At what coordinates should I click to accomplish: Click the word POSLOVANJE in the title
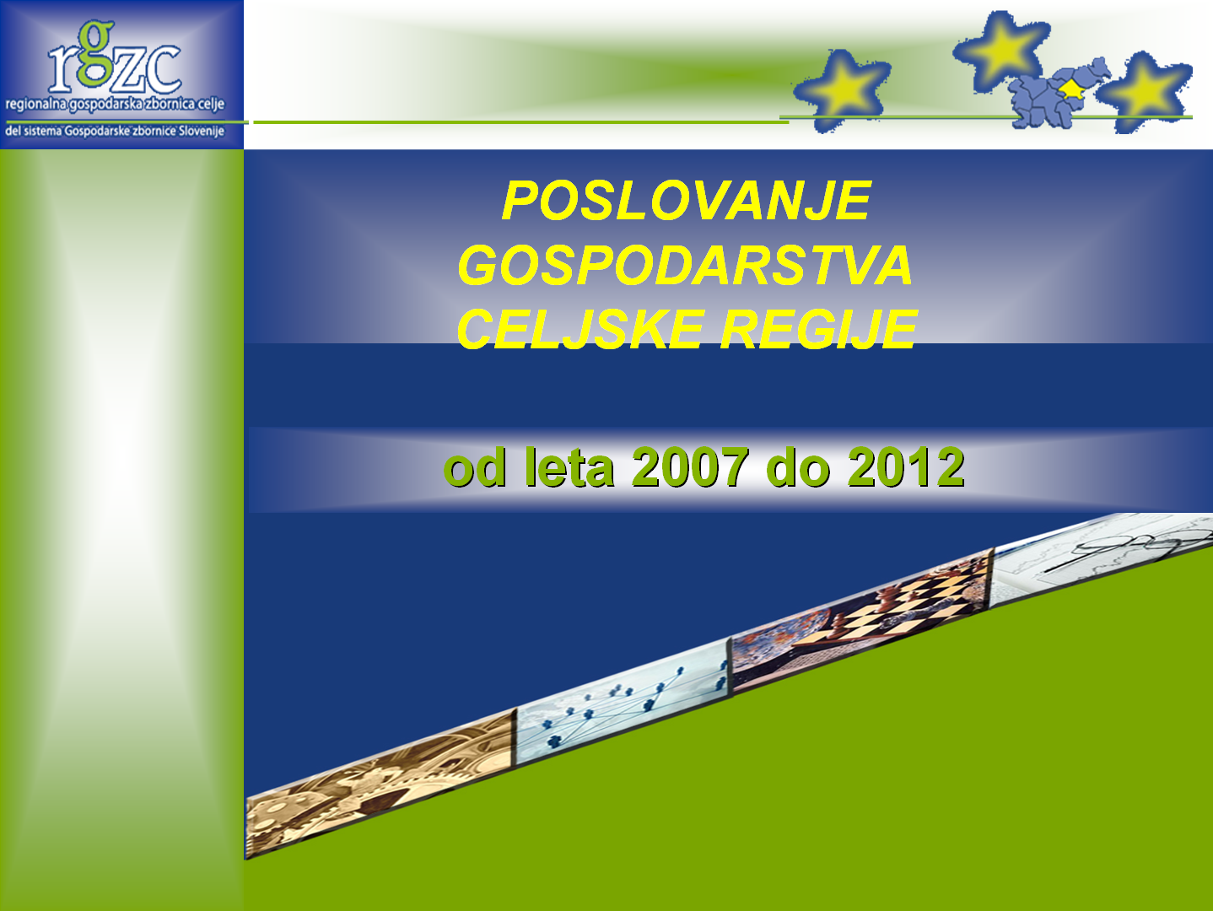click(x=687, y=201)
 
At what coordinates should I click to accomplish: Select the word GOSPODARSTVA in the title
click(x=685, y=265)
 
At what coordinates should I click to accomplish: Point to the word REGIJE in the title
click(x=819, y=330)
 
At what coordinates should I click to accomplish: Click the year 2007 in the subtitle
click(x=690, y=467)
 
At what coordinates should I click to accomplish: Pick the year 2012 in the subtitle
click(x=906, y=467)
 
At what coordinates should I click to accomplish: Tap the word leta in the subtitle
click(x=569, y=467)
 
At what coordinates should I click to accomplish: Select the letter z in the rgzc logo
click(x=128, y=71)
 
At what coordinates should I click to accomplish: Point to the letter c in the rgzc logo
click(x=164, y=69)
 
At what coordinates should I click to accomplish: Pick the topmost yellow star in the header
click(x=1001, y=50)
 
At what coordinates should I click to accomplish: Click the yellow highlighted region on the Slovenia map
click(x=1072, y=89)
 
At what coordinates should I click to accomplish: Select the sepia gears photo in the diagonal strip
click(x=381, y=784)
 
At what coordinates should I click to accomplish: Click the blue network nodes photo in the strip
click(x=624, y=702)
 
